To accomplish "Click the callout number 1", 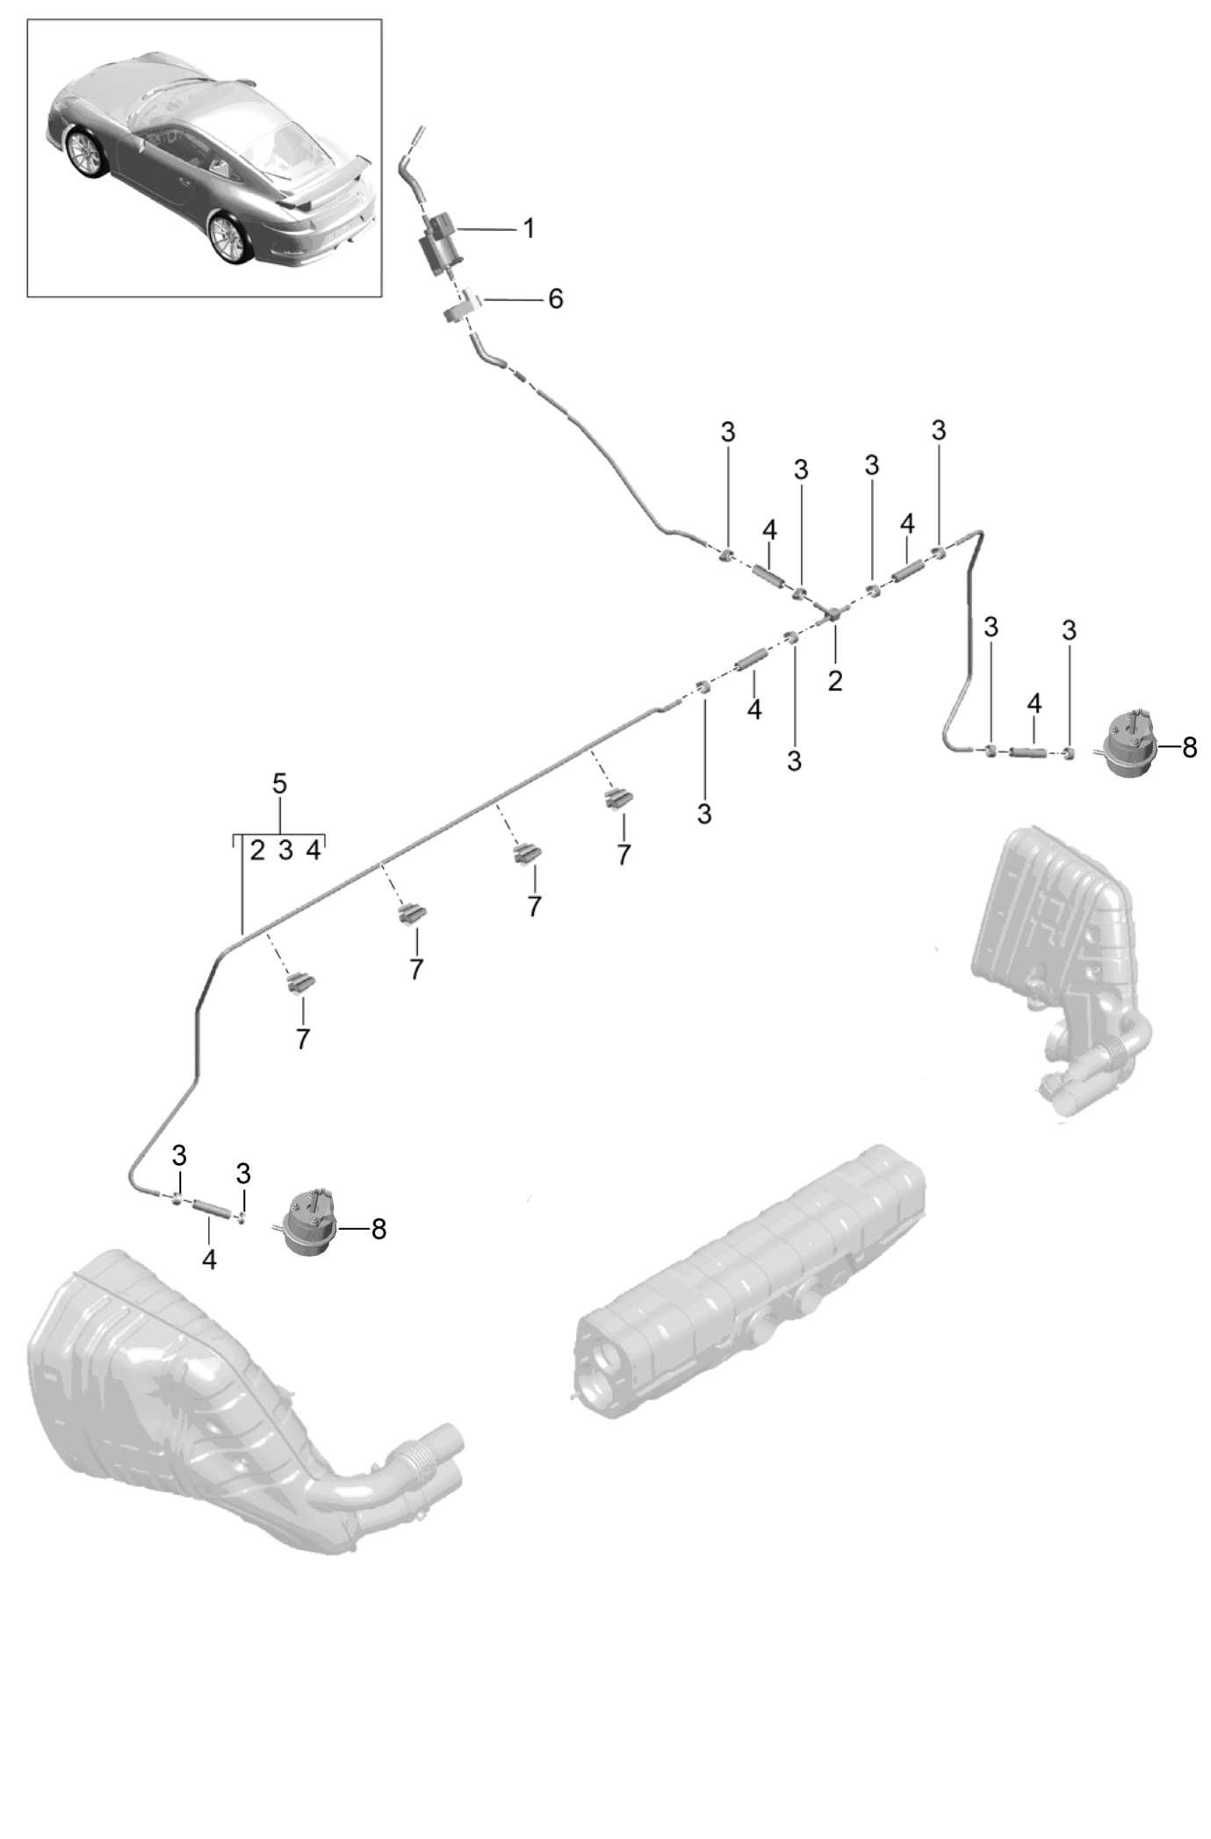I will click(528, 229).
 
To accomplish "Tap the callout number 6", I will click(555, 299).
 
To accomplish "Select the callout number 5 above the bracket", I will click(279, 783).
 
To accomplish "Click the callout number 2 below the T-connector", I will click(834, 679).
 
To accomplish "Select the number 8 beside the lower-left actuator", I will click(378, 1229).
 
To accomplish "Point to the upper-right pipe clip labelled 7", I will click(619, 798).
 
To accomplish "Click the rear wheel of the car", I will click(227, 236).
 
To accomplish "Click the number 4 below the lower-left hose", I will click(209, 1259).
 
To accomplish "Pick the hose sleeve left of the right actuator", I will click(1027, 751).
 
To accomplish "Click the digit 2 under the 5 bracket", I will click(257, 850).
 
